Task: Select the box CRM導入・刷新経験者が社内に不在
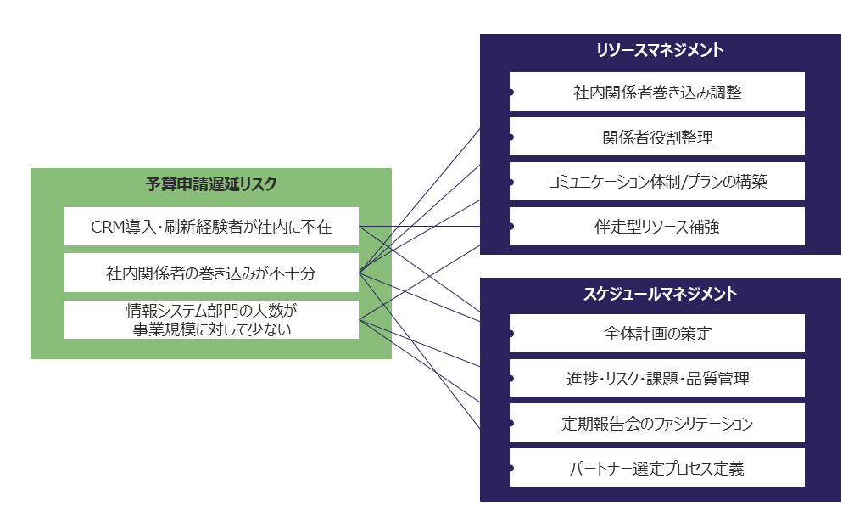click(x=211, y=227)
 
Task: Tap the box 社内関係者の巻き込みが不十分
click(x=211, y=273)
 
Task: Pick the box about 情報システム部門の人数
click(x=211, y=319)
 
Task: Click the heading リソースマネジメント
click(x=660, y=50)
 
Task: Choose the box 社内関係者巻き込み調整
click(x=657, y=92)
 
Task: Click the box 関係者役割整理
click(x=657, y=137)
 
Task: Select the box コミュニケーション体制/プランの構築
click(x=657, y=182)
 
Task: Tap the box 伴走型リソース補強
click(x=657, y=227)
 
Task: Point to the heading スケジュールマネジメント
click(x=660, y=294)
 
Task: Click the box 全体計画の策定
click(x=657, y=334)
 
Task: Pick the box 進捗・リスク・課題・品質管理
click(x=657, y=379)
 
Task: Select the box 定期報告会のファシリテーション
click(x=657, y=423)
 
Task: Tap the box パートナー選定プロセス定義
click(x=657, y=468)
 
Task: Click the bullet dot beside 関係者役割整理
click(x=511, y=137)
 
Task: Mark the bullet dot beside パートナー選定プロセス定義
click(x=511, y=468)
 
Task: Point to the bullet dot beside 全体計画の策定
click(x=511, y=334)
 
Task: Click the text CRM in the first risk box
click(x=107, y=227)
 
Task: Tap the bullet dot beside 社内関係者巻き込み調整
click(x=511, y=92)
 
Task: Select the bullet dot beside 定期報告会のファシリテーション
click(x=511, y=423)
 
